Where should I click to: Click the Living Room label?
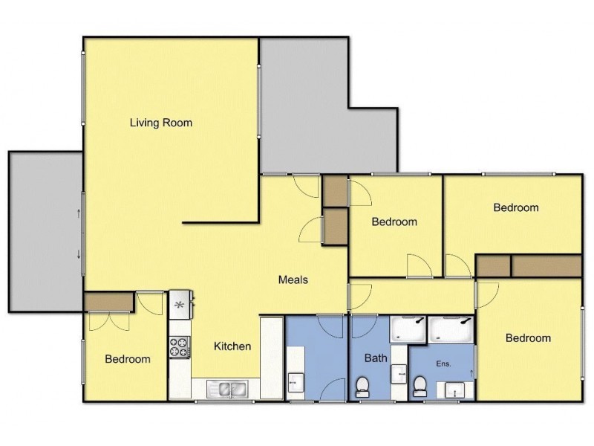pyautogui.click(x=161, y=123)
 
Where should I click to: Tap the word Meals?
pyautogui.click(x=293, y=280)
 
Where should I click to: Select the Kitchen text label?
pyautogui.click(x=232, y=346)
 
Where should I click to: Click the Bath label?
pyautogui.click(x=376, y=358)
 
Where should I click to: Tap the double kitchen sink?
pyautogui.click(x=228, y=387)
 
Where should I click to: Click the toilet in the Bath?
pyautogui.click(x=364, y=386)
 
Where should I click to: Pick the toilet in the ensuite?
pyautogui.click(x=420, y=385)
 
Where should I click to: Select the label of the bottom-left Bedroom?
pyautogui.click(x=127, y=359)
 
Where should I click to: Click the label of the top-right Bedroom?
pyautogui.click(x=516, y=207)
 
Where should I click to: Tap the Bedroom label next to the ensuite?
pyautogui.click(x=528, y=338)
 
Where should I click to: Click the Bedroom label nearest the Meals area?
pyautogui.click(x=394, y=222)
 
